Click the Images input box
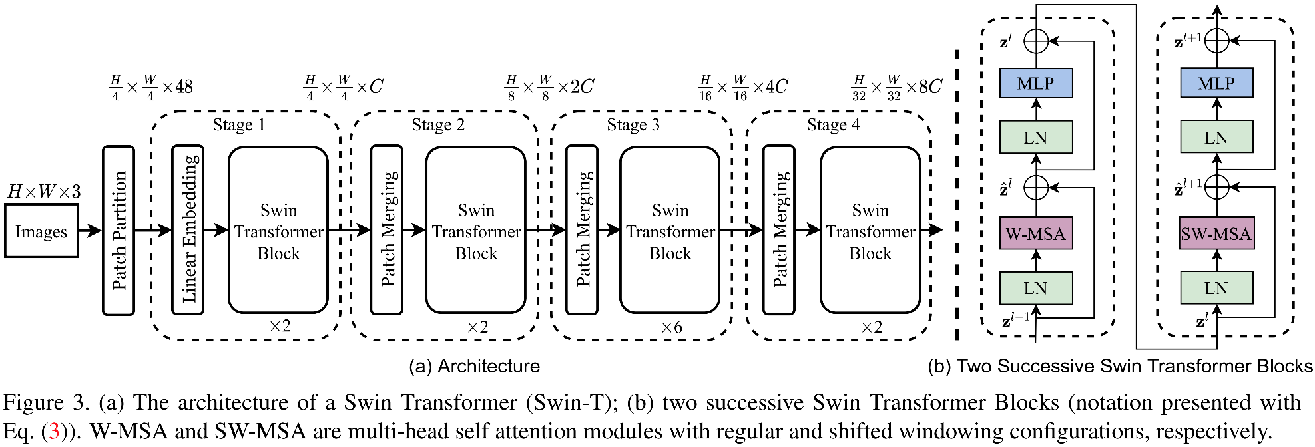[x=41, y=231]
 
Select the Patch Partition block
[x=119, y=230]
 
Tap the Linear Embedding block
[x=188, y=230]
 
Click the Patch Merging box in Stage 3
[x=582, y=230]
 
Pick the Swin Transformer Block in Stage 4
[x=870, y=230]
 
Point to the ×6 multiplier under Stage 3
[x=671, y=327]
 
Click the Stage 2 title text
[x=437, y=125]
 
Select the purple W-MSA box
[x=1035, y=233]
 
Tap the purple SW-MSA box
[x=1216, y=233]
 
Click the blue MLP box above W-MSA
[x=1035, y=83]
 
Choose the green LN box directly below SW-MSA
[x=1216, y=288]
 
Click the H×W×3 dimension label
[x=44, y=192]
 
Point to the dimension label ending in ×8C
[x=897, y=87]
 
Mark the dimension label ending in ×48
[x=151, y=87]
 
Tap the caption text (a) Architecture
[x=474, y=366]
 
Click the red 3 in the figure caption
[x=54, y=431]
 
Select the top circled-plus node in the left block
[x=1035, y=41]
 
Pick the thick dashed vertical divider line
[x=957, y=193]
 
